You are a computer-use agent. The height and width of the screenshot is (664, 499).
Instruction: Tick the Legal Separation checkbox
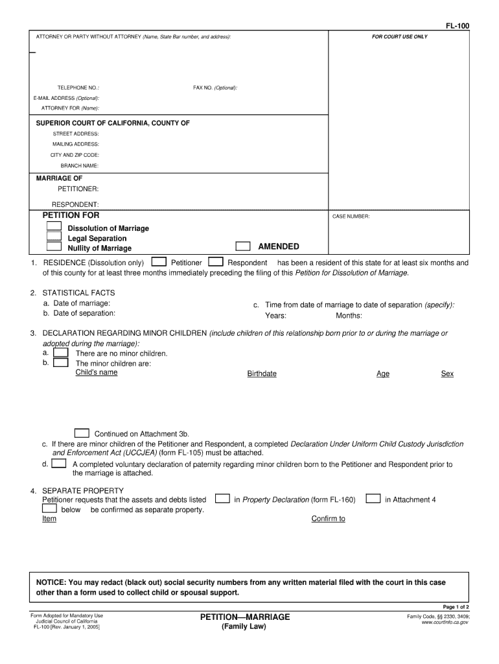(x=54, y=237)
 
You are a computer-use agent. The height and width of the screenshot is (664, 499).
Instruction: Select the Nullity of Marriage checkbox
(x=54, y=247)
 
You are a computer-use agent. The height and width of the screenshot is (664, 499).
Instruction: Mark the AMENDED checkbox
(x=242, y=246)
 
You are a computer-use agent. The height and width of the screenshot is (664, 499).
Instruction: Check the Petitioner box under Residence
(x=158, y=262)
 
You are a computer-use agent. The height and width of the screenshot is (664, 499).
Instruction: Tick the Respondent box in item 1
(x=216, y=262)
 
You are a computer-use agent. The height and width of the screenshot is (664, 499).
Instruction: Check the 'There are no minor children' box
(x=61, y=353)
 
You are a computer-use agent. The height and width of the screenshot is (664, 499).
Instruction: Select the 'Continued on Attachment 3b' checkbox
(x=82, y=433)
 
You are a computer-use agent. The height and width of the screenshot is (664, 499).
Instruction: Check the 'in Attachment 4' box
(x=373, y=499)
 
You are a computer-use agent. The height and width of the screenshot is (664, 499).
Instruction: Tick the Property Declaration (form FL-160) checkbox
(x=222, y=499)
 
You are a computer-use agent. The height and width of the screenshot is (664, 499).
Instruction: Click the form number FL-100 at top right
(x=457, y=26)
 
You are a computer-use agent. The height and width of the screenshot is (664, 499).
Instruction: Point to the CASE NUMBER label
(x=351, y=217)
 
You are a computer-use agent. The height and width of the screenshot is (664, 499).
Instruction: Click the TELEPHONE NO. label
(x=78, y=88)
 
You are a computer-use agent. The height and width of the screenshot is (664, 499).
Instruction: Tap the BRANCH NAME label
(x=80, y=165)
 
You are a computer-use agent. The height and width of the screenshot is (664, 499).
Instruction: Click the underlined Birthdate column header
(x=262, y=374)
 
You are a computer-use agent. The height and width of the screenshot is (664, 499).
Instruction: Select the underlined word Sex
(x=447, y=374)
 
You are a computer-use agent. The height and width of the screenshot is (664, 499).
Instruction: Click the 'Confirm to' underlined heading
(x=328, y=519)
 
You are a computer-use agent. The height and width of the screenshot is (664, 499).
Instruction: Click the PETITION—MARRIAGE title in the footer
(x=245, y=616)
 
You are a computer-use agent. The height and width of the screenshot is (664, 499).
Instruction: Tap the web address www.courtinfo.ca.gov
(x=445, y=622)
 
